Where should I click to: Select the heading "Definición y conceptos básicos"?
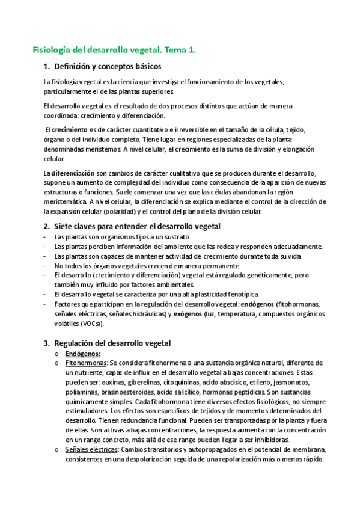pyautogui.click(x=107, y=66)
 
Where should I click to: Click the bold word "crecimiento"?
pyautogui.click(x=69, y=129)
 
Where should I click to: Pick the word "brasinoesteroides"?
pyautogui.click(x=129, y=392)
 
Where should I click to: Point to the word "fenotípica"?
pyautogui.click(x=240, y=295)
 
